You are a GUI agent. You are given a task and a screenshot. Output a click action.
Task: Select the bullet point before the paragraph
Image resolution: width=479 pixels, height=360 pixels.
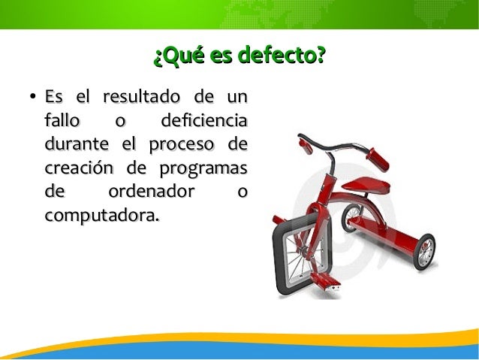[x=25, y=98]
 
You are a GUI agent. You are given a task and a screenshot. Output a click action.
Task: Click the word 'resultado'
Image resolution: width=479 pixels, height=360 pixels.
[x=140, y=98]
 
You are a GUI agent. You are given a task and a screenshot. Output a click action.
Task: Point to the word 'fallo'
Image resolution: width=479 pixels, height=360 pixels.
[x=59, y=121]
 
